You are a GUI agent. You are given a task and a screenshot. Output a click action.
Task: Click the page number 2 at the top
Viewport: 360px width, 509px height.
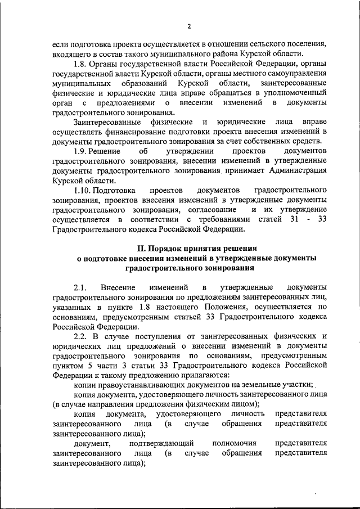pyautogui.click(x=190, y=26)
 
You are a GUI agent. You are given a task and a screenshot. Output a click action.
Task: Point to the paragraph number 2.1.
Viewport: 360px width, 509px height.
pyautogui.click(x=82, y=287)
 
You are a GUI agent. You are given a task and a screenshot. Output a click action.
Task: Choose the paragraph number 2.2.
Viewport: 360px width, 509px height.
pyautogui.click(x=82, y=336)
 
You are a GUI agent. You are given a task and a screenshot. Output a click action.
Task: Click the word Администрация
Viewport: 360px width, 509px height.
pyautogui.click(x=298, y=171)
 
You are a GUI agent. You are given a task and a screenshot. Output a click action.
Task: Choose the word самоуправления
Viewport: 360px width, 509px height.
pyautogui.click(x=299, y=74)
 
